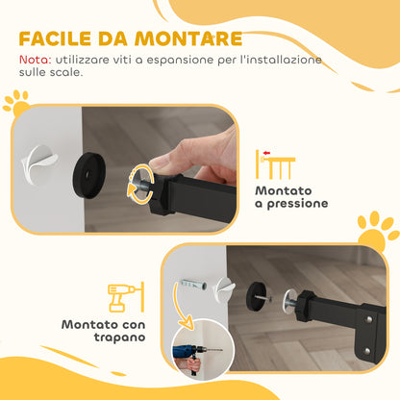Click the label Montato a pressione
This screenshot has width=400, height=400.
click(x=290, y=197)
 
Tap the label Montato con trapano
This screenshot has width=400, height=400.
click(x=103, y=332)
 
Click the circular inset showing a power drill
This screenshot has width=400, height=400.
click(x=199, y=355)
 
